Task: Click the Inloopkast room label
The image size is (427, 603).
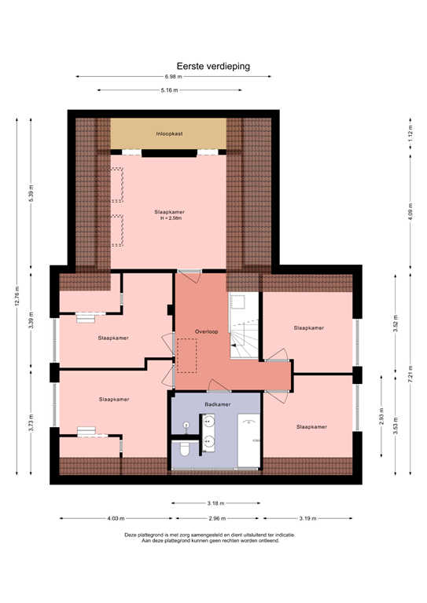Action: coord(169,134)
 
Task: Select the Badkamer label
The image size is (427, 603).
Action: coord(216,404)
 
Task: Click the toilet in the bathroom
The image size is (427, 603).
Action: coord(182,448)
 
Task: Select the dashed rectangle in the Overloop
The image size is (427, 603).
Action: coord(186,356)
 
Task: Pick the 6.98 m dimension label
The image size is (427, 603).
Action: coord(173,77)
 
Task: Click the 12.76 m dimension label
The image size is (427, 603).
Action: coord(17,297)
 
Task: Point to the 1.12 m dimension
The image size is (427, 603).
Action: coord(410,133)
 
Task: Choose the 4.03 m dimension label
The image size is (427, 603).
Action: coord(116,518)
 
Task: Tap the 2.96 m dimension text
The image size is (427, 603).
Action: coord(217,518)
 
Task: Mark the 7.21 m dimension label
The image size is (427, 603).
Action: coord(410,374)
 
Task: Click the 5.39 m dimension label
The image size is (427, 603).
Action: coord(31,194)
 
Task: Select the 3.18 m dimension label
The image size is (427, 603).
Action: coord(215,502)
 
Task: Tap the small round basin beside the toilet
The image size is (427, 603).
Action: coord(186,425)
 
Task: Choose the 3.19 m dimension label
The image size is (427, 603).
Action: coord(308,518)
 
